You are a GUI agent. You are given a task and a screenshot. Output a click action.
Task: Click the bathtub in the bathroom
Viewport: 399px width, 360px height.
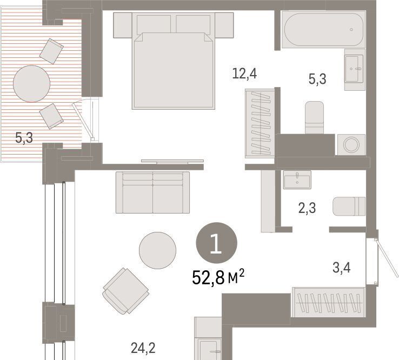tap(323, 29)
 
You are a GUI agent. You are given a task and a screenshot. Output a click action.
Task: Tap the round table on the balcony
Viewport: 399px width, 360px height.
tap(31, 84)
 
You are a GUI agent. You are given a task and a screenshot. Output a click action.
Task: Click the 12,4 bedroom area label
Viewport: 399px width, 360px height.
tap(244, 74)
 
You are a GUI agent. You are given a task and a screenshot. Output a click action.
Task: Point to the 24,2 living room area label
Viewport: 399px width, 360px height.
tap(143, 348)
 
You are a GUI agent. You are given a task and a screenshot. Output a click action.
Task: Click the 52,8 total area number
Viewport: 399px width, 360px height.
tap(208, 278)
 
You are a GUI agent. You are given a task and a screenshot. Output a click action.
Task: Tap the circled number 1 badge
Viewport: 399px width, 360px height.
tap(217, 243)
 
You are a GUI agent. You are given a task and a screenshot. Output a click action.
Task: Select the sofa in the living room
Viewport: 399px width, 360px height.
tap(152, 192)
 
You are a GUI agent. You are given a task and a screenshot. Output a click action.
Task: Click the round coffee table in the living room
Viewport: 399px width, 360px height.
tap(157, 250)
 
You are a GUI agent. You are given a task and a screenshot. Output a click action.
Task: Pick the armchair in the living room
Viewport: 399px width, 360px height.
tap(126, 291)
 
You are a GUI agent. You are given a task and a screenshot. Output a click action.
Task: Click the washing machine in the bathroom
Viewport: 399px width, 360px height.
tap(351, 144)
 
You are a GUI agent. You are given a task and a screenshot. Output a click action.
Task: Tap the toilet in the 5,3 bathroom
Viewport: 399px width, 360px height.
tap(315, 117)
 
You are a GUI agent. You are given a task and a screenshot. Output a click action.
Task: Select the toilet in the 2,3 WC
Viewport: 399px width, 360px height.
tap(349, 206)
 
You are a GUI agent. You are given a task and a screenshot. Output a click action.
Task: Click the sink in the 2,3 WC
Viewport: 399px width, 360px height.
tap(297, 179)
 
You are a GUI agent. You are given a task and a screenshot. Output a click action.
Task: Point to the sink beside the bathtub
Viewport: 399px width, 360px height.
tap(355, 69)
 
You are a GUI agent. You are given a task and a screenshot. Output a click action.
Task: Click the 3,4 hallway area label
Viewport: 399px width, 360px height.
tap(342, 268)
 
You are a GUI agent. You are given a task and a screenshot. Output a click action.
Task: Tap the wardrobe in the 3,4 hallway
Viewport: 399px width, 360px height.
tap(329, 303)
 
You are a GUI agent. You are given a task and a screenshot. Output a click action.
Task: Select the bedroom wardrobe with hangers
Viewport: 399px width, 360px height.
tap(260, 123)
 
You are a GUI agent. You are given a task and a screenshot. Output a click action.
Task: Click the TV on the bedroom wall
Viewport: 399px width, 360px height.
tap(172, 162)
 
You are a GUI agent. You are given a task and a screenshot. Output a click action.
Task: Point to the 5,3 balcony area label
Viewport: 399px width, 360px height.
tap(24, 138)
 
